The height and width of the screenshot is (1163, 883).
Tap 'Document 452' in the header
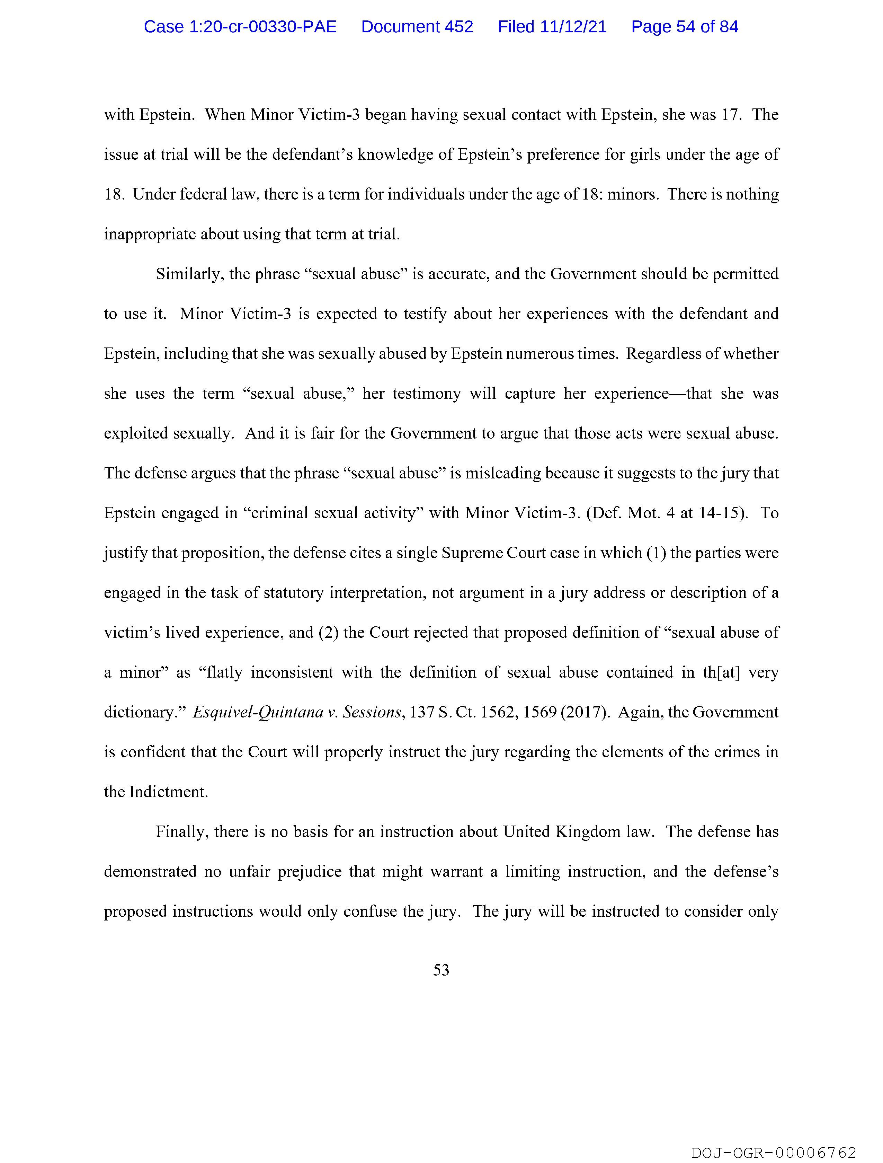417,27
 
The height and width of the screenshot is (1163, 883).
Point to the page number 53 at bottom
441,970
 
